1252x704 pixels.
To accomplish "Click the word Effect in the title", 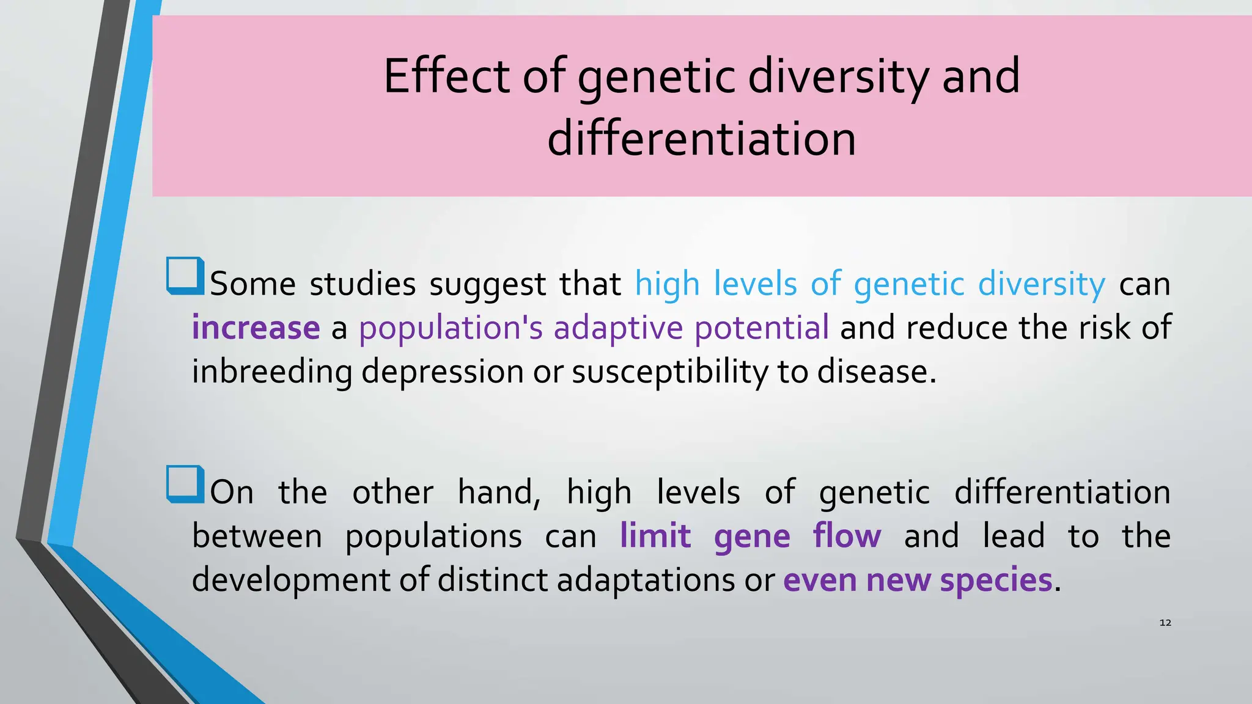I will coord(446,76).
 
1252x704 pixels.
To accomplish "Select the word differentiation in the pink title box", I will coord(701,139).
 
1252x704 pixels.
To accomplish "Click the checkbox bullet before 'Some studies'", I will coord(185,276).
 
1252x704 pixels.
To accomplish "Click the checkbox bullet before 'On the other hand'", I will coord(185,484).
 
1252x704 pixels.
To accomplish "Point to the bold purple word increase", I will coord(256,328).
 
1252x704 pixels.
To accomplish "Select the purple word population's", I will coord(450,328).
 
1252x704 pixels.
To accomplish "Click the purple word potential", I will coord(761,328).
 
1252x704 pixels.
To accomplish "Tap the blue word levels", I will coord(755,284).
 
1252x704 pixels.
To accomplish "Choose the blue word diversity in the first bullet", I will coord(1041,284).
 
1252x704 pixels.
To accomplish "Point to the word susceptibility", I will coord(669,372).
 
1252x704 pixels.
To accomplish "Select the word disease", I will coord(877,372).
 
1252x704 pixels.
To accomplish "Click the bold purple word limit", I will coord(655,536).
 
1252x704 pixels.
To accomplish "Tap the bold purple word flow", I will coord(847,536).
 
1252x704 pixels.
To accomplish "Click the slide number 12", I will coord(1165,623).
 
